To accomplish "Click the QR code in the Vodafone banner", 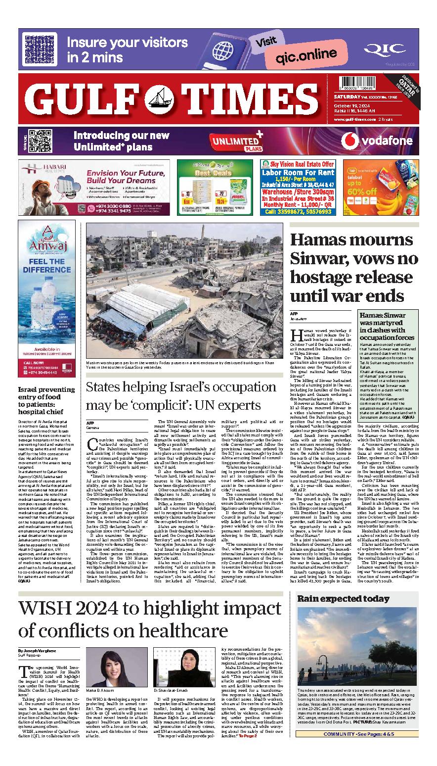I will pos(39,140).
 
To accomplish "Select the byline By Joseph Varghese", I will pos(38,651).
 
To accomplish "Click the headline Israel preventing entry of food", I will pos(47,400).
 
